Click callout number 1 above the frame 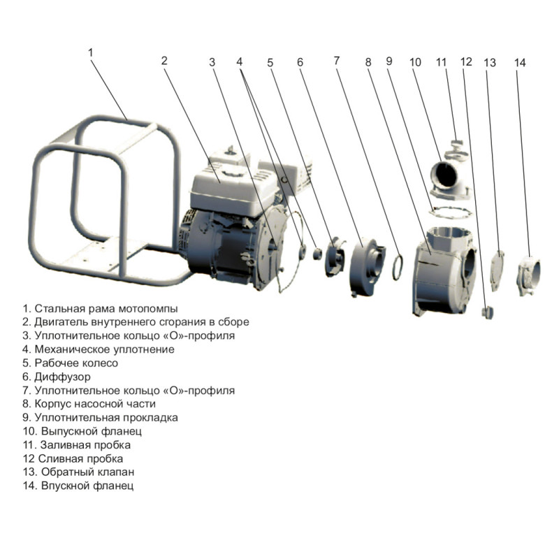point(91,53)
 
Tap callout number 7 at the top point(337,61)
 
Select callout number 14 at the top point(520,63)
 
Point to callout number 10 point(415,62)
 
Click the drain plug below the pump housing point(487,312)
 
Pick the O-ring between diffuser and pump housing point(398,267)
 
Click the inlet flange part point(528,276)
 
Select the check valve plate point(498,270)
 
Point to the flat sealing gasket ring point(451,212)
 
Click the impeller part point(335,256)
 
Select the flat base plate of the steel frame point(103,255)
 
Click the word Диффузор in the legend point(62,377)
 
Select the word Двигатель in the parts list point(61,322)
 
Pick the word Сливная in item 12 point(57,458)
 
